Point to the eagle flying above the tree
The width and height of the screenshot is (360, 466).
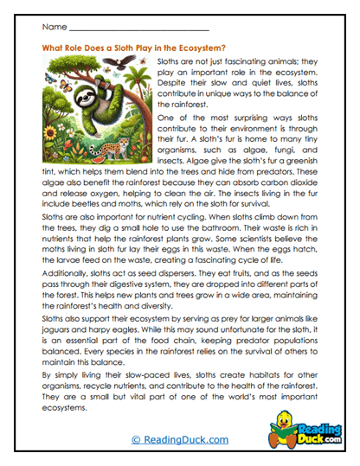tap(129, 62)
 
